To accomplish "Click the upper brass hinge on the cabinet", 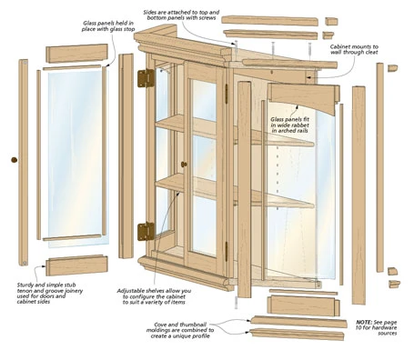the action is click(x=146, y=78).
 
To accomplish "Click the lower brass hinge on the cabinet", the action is click(x=146, y=231).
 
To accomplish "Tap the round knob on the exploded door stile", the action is click(x=14, y=160).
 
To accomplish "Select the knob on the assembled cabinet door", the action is click(x=184, y=165).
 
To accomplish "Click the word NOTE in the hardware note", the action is click(x=364, y=322).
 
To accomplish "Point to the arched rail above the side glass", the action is click(x=303, y=97).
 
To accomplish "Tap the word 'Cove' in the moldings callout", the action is click(x=161, y=325).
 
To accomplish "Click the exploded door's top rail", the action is click(x=76, y=53).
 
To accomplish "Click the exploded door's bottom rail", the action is click(x=76, y=265).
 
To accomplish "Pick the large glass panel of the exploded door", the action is click(x=78, y=159).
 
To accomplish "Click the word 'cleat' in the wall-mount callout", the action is click(x=370, y=53).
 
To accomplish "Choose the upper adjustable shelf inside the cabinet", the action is click(x=235, y=131).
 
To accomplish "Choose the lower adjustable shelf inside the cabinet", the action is click(x=235, y=192).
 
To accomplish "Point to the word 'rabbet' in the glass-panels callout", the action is click(x=298, y=125).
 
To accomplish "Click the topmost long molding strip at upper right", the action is click(x=269, y=21).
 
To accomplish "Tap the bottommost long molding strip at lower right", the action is click(x=297, y=334).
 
